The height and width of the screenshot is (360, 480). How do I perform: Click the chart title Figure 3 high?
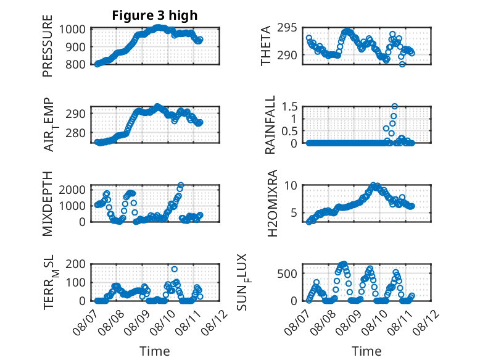(x=155, y=15)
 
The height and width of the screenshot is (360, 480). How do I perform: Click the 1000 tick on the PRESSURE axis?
(x=72, y=30)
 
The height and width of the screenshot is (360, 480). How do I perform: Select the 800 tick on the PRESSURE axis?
(x=75, y=64)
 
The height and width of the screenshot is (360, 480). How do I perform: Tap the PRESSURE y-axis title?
(x=48, y=46)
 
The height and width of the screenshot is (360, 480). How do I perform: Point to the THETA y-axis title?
(x=266, y=46)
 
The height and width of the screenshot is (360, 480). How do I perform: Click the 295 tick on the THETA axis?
(x=287, y=28)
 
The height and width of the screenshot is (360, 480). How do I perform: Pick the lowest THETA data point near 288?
(x=402, y=64)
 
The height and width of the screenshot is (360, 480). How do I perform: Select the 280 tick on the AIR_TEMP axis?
(x=75, y=133)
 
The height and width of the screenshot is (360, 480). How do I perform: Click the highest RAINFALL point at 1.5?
(x=395, y=106)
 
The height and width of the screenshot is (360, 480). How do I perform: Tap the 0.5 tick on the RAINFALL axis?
(x=289, y=131)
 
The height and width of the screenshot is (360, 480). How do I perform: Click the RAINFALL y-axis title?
(x=270, y=125)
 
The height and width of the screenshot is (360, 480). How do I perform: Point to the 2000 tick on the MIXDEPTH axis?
(x=72, y=190)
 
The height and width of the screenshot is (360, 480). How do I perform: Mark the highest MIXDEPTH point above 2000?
(x=181, y=185)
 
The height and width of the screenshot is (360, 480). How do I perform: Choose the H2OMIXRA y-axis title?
(x=272, y=203)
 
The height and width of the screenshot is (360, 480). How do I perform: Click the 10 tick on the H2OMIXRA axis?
(x=291, y=185)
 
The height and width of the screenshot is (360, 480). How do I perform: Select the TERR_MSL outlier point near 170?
(x=174, y=269)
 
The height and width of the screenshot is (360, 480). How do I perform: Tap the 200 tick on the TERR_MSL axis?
(x=75, y=264)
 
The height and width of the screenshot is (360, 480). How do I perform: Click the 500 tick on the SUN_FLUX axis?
(x=287, y=274)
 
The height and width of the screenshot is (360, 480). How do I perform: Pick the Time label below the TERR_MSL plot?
(x=155, y=351)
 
